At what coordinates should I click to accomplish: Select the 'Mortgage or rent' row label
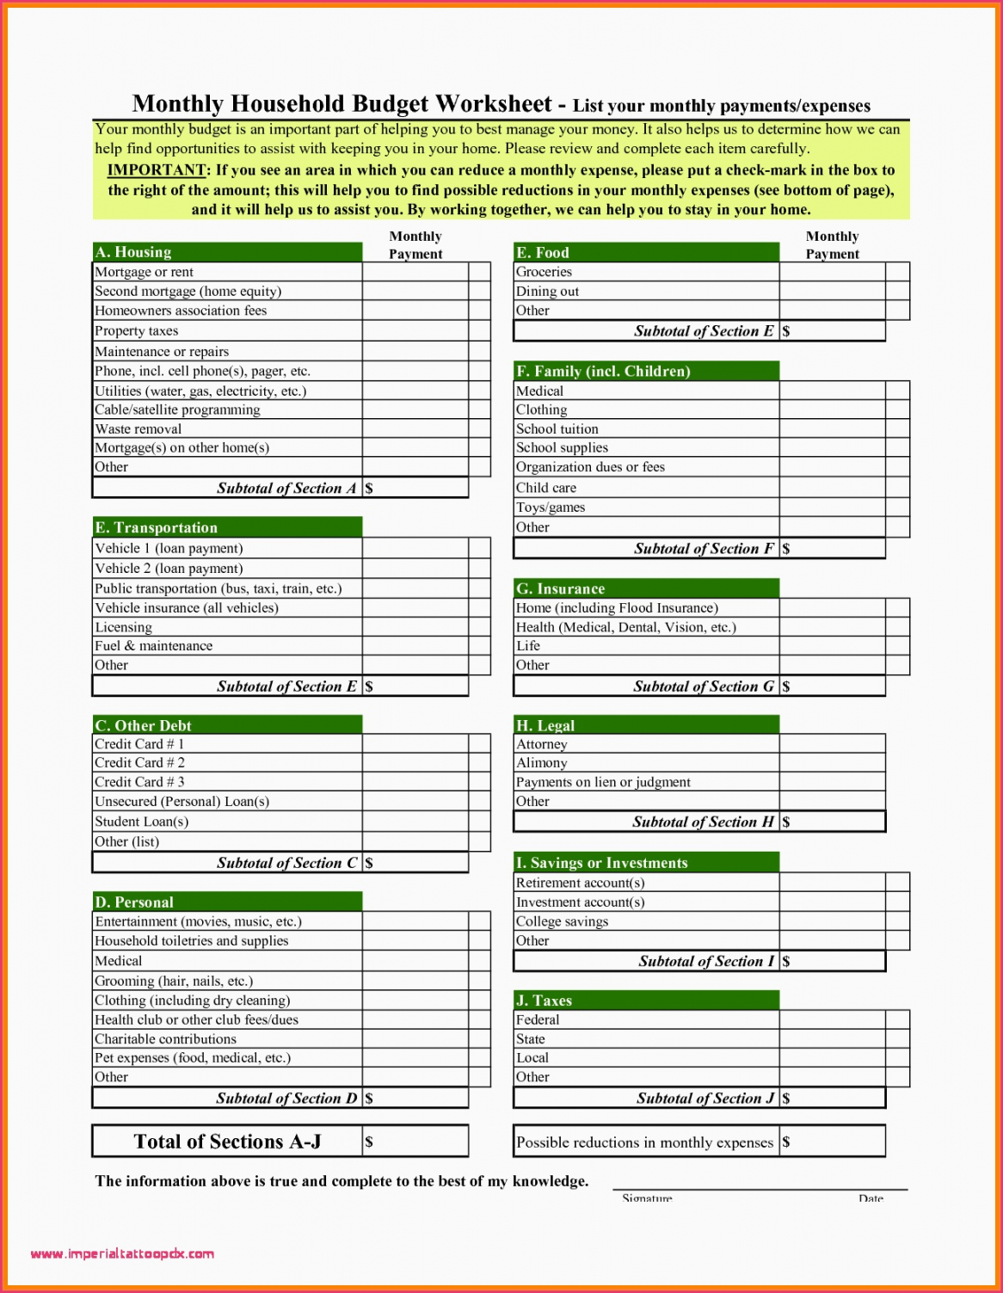coord(145,272)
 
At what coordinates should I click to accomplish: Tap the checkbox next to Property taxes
coord(479,331)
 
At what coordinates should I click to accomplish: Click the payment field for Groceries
coord(831,272)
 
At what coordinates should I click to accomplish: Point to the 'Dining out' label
coord(547,292)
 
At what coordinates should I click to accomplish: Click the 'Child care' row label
coord(546,488)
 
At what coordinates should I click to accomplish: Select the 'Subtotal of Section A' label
coord(286,489)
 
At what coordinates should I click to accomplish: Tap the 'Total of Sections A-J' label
coord(227,1142)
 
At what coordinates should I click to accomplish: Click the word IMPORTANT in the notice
coord(157,170)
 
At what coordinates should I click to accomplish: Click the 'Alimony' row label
coord(541,763)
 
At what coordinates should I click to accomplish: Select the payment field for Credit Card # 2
coord(415,763)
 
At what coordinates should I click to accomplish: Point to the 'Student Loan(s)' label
coord(141,822)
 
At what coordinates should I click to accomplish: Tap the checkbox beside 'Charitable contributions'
coord(479,1039)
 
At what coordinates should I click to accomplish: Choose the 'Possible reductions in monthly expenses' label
coord(644,1142)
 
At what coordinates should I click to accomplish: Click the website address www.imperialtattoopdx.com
coord(122,1254)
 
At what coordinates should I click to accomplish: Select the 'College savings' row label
coord(562,921)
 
